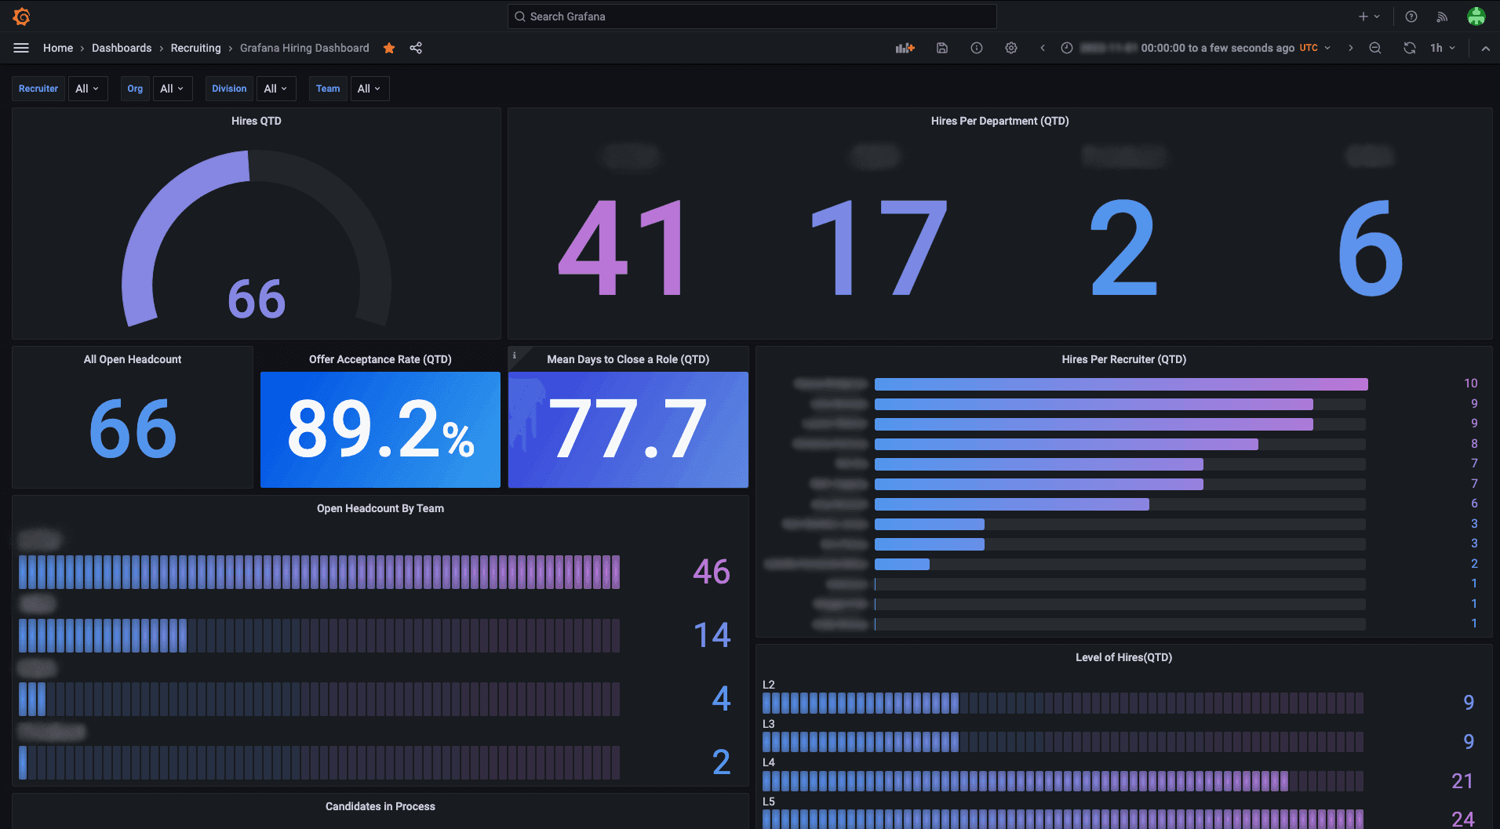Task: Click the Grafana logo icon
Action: pyautogui.click(x=22, y=16)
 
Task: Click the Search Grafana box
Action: pyautogui.click(x=752, y=16)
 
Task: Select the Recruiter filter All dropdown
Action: pyautogui.click(x=87, y=89)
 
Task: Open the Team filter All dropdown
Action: pyautogui.click(x=369, y=89)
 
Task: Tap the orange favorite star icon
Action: pyautogui.click(x=389, y=48)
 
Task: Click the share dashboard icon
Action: pyautogui.click(x=416, y=48)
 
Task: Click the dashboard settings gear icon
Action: pyautogui.click(x=1010, y=48)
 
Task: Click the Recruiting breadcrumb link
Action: pyautogui.click(x=195, y=48)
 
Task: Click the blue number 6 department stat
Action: pyautogui.click(x=1370, y=248)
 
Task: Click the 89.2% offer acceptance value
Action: pyautogui.click(x=380, y=429)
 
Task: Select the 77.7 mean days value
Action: pyautogui.click(x=628, y=429)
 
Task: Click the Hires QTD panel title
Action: pyautogui.click(x=256, y=121)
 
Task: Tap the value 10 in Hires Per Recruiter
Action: pyautogui.click(x=1470, y=384)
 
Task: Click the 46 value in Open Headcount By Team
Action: pyautogui.click(x=711, y=572)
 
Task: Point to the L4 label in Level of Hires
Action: pyautogui.click(x=769, y=762)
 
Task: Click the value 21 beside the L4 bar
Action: pyautogui.click(x=1462, y=781)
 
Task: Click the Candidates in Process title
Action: pyautogui.click(x=380, y=806)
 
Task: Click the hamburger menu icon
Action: pyautogui.click(x=21, y=48)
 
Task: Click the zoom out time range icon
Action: pyautogui.click(x=1375, y=48)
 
